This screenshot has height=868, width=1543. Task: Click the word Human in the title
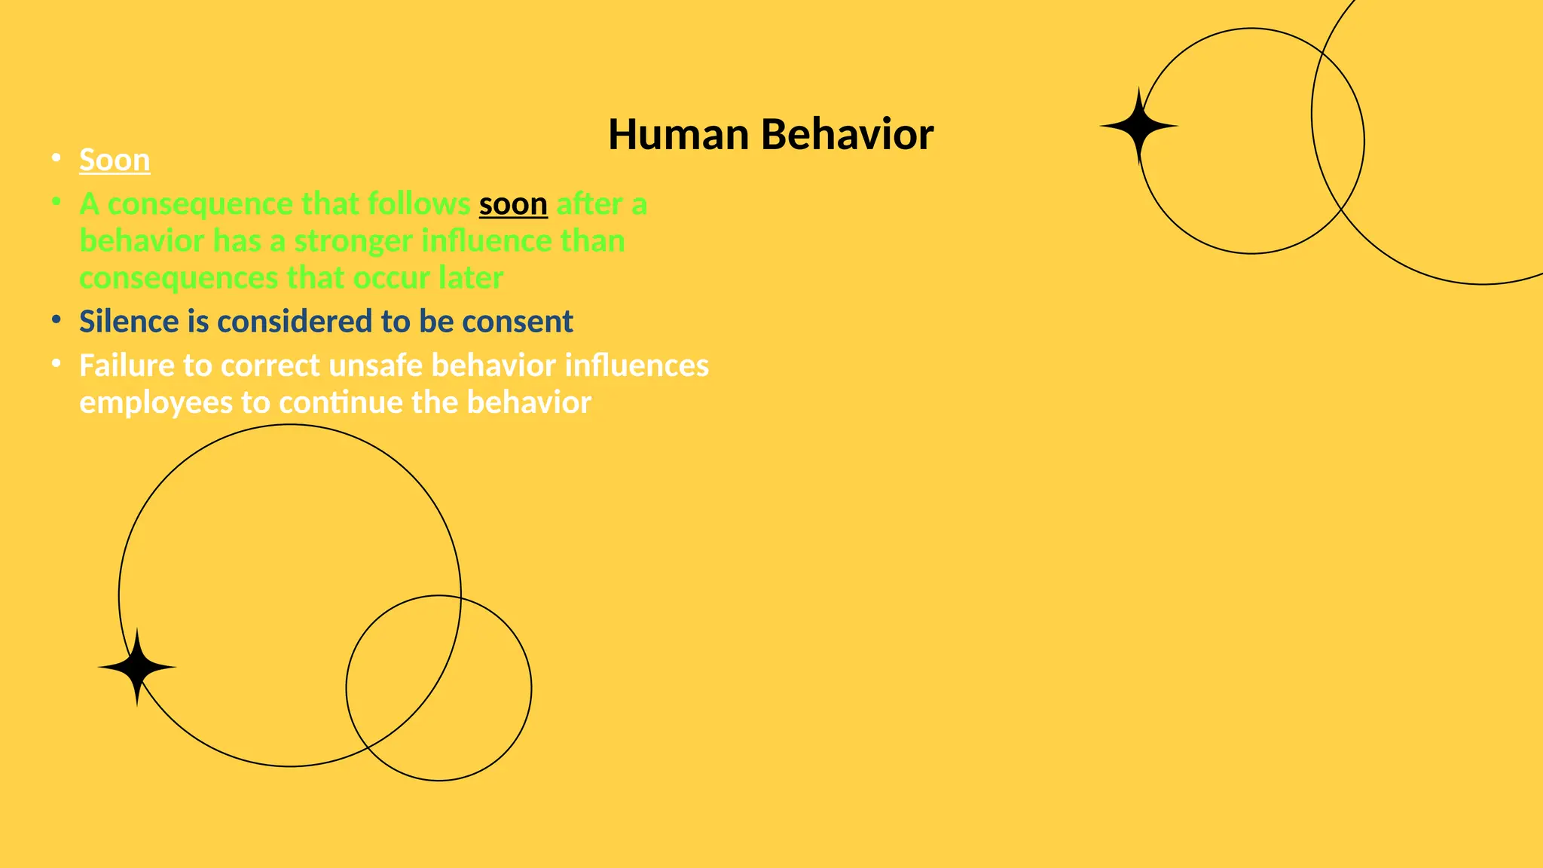(x=678, y=135)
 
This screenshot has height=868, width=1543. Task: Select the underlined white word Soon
(x=115, y=160)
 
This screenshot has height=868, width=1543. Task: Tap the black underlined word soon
(x=513, y=204)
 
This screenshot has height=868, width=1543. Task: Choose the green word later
(x=470, y=278)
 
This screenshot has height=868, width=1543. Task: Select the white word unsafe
(x=376, y=365)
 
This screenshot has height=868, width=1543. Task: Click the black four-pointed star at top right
(x=1138, y=127)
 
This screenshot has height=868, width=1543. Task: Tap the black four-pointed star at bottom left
(x=137, y=668)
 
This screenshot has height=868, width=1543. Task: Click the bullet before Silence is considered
(x=56, y=320)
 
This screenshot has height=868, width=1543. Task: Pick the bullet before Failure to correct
(x=56, y=364)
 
